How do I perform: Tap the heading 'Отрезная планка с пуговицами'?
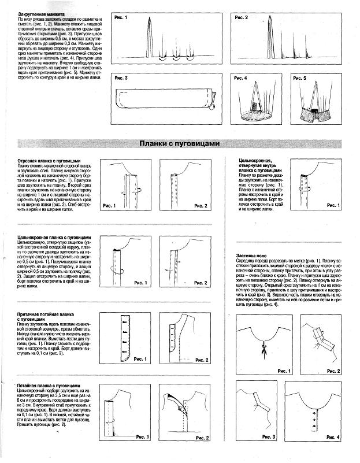pyautogui.click(x=53, y=160)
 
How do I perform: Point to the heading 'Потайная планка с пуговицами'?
pyautogui.click(x=53, y=385)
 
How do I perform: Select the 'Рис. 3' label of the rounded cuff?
pyautogui.click(x=121, y=77)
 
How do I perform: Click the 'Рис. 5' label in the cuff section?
pyautogui.click(x=299, y=77)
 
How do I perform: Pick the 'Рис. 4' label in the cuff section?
pyautogui.click(x=241, y=77)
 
